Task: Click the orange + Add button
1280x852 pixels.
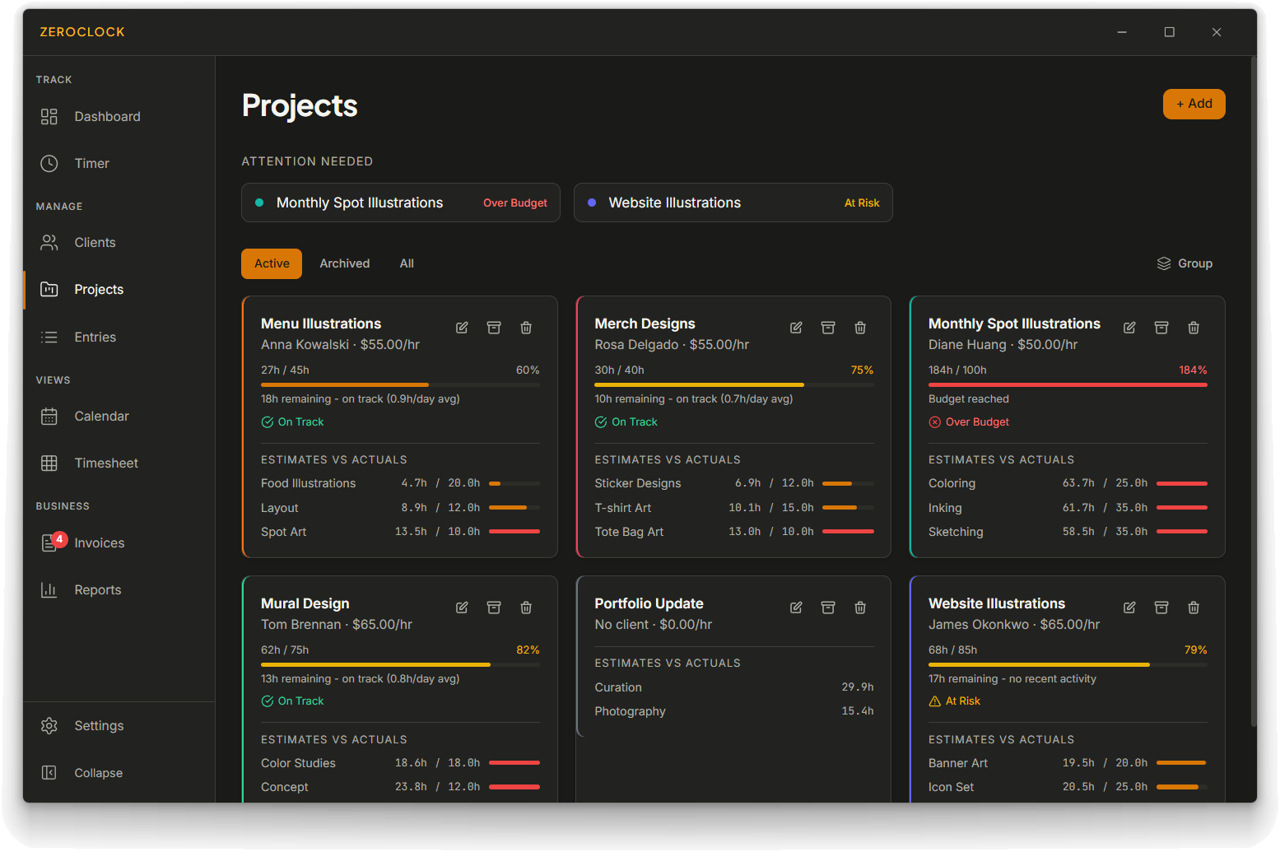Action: [x=1194, y=104]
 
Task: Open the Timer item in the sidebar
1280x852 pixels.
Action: [x=91, y=164]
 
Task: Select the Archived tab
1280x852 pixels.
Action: [x=345, y=263]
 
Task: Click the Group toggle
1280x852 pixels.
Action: [x=1185, y=263]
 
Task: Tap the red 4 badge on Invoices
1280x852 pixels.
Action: [x=59, y=539]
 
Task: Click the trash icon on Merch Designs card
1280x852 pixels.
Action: [x=860, y=328]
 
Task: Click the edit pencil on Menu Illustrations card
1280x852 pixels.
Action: [x=462, y=328]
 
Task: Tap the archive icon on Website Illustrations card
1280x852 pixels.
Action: [x=1161, y=608]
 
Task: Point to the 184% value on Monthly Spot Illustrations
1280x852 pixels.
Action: [x=1193, y=370]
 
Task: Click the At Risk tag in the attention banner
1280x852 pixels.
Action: [x=862, y=203]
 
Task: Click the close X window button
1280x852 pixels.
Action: [x=1217, y=33]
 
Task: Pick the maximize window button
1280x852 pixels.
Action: [x=1169, y=33]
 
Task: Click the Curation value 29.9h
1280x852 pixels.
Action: [x=857, y=687]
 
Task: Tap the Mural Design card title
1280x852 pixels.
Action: [x=305, y=603]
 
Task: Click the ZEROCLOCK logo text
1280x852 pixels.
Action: [x=82, y=33]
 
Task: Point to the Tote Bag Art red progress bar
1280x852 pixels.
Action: [x=848, y=532]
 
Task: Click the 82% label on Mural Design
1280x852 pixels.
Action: [x=528, y=650]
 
